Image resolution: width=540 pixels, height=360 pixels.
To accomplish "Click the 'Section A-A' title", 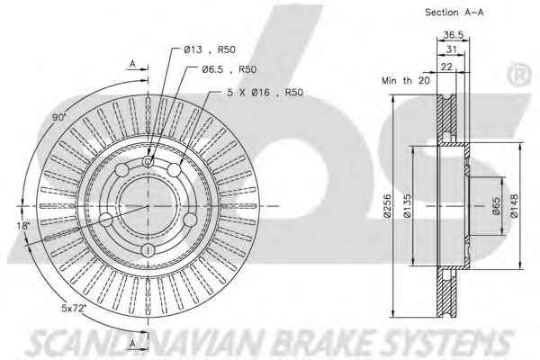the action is pos(454,13).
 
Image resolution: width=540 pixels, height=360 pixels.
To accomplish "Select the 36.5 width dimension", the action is pos(454,35).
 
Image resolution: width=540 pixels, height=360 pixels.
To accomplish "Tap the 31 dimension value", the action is pos(451,49).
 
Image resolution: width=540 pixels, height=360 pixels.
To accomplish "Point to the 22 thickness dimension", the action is pos(446,66).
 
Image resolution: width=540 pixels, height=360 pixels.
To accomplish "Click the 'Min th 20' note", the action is pos(406,81).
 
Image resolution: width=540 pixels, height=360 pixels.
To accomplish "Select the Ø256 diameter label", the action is pos(387,206).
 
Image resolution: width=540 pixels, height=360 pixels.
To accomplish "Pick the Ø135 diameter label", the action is pos(407,206).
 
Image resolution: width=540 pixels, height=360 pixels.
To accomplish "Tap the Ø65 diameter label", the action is pos(496,206).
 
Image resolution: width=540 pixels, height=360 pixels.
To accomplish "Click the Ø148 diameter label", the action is pos(515,206).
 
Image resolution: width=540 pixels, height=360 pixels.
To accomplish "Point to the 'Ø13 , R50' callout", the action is pos(210,49).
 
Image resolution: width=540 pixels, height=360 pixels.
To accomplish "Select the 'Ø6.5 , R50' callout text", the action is pos(229,69).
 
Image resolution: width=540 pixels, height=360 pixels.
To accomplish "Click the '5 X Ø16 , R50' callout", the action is pos(265,93).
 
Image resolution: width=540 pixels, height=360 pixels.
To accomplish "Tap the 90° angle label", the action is pos(58,118).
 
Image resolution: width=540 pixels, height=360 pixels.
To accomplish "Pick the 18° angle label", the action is pos(23,226).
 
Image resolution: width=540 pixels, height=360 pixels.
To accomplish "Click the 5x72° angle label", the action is pos(74,308).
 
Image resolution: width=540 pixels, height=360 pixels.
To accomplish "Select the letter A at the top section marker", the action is pos(132,63).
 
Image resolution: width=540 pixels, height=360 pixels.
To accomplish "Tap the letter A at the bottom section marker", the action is pos(132,343).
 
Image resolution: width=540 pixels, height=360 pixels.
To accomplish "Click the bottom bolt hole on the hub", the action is pos(148,250).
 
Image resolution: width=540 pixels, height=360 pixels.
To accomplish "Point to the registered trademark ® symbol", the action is pos(519,76).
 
